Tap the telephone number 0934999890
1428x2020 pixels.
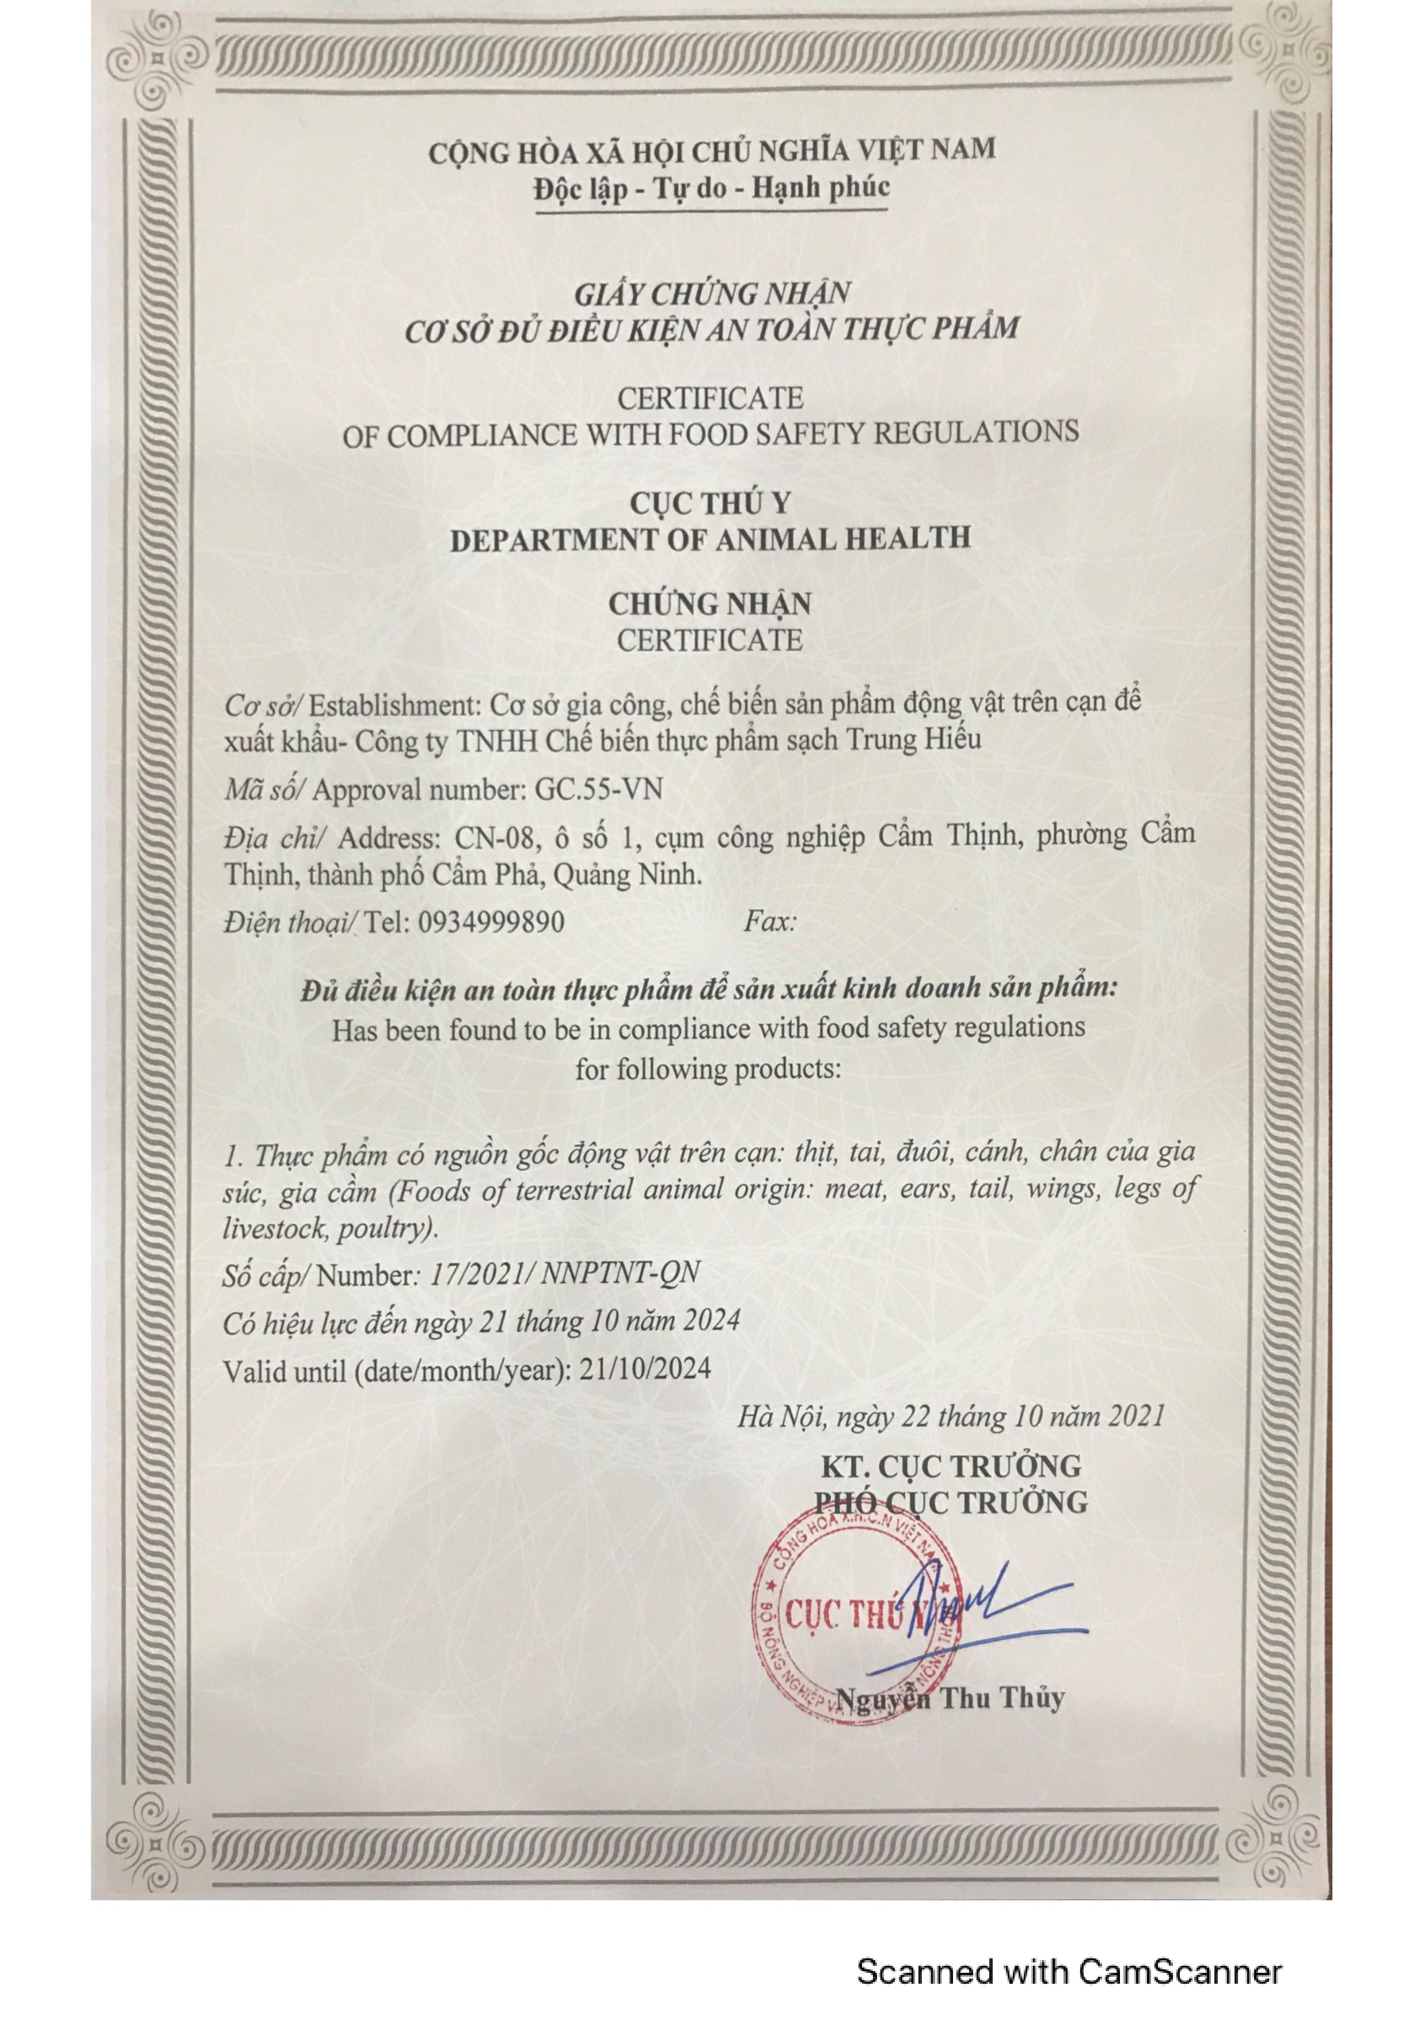coord(491,922)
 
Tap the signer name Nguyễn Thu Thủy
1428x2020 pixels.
coord(950,1697)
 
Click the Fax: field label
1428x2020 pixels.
coord(770,922)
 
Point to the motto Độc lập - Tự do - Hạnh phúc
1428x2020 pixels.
coord(711,188)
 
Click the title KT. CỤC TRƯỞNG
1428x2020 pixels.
coord(950,1466)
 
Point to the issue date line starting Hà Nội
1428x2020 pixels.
coord(950,1417)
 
